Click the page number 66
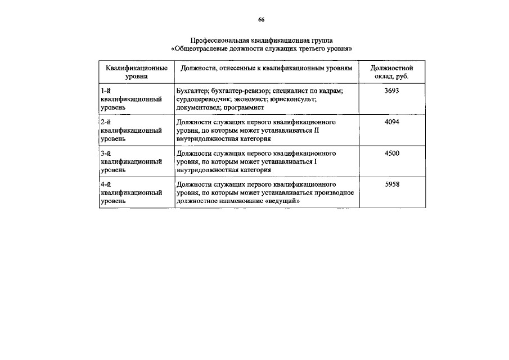(x=262, y=20)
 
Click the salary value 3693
(x=392, y=91)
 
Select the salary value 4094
(x=392, y=122)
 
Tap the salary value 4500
(x=392, y=153)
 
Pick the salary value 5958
(x=392, y=184)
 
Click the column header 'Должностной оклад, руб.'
(x=392, y=72)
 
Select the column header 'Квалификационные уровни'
(x=137, y=72)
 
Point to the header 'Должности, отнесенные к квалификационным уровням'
(x=267, y=68)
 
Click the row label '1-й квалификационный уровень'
(x=131, y=98)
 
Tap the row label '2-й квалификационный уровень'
(x=131, y=130)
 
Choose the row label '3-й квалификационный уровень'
(x=131, y=161)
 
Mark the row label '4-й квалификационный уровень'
(x=131, y=192)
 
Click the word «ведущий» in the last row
(x=277, y=200)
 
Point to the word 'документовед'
(x=197, y=106)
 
